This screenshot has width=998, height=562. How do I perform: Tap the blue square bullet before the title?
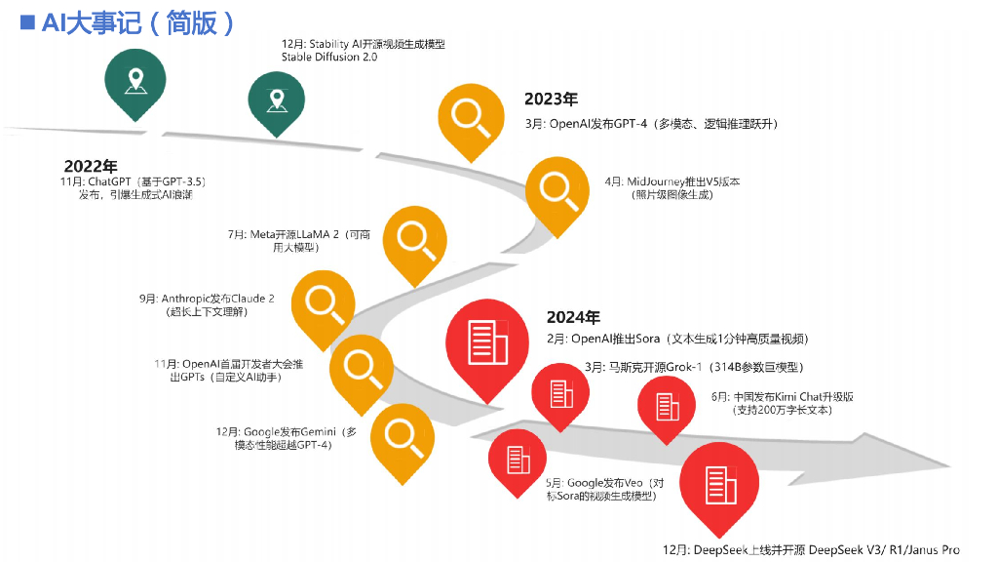coord(27,21)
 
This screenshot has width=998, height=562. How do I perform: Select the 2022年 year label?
coord(92,166)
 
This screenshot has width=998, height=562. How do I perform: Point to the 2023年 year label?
coord(551,99)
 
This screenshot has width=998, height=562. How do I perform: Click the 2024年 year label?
coord(573,317)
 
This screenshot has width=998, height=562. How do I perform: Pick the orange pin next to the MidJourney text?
coord(557,189)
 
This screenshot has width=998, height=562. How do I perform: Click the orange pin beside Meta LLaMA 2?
coord(415,238)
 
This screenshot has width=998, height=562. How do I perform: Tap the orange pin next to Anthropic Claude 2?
coord(324,301)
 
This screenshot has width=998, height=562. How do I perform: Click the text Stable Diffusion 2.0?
coord(329,58)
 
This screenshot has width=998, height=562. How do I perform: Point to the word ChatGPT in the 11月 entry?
coord(110,181)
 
